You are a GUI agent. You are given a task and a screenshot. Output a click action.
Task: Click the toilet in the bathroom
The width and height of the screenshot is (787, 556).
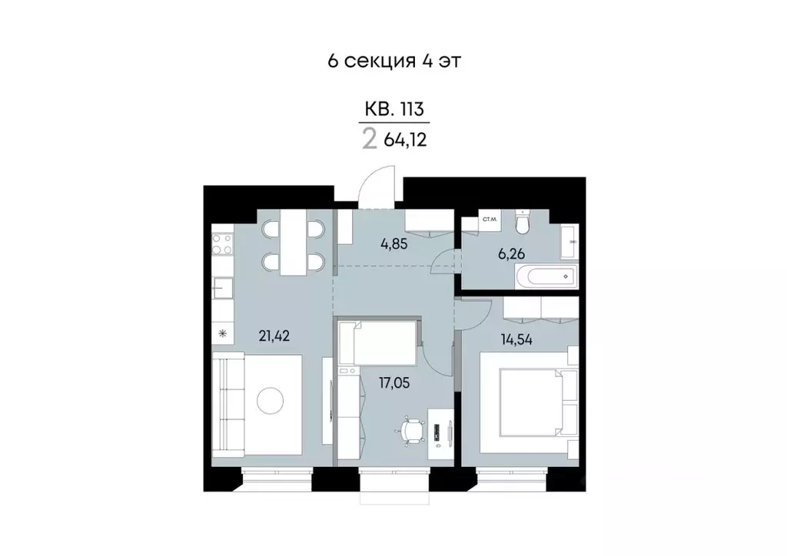click(523, 223)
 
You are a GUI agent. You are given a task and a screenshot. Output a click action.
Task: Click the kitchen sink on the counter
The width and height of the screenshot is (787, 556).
click(222, 290)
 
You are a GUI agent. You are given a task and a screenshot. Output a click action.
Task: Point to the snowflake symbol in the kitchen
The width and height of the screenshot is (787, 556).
click(223, 333)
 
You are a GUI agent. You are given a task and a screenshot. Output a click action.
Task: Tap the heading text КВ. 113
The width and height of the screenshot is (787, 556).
click(393, 110)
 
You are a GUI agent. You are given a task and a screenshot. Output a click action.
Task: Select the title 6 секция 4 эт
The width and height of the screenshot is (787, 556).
click(393, 61)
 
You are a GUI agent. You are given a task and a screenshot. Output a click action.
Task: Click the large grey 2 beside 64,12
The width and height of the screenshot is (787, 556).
click(370, 140)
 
